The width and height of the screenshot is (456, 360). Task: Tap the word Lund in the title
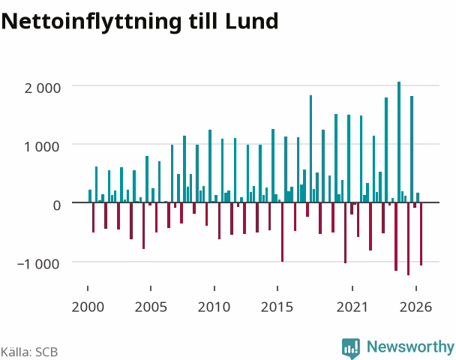click(x=251, y=21)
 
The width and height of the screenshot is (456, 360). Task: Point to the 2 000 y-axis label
click(x=43, y=88)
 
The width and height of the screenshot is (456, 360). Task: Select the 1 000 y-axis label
click(x=42, y=146)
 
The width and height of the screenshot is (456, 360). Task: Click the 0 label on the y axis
click(x=57, y=205)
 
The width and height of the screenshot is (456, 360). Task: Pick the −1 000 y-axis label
click(x=39, y=264)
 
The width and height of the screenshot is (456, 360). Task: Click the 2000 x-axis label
click(x=88, y=307)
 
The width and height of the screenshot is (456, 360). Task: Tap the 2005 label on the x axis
click(x=151, y=307)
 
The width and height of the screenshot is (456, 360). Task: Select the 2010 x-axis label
click(x=214, y=307)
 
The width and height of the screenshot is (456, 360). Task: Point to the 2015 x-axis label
click(x=277, y=307)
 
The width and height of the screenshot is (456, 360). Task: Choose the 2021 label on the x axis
click(x=352, y=307)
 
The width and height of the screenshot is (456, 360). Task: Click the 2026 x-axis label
click(x=415, y=307)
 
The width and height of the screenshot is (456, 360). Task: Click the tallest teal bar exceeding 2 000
click(x=399, y=142)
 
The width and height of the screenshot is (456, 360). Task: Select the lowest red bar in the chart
click(x=408, y=238)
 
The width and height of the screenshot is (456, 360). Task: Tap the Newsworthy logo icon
click(x=351, y=348)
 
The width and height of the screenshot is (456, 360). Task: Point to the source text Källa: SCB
click(x=29, y=352)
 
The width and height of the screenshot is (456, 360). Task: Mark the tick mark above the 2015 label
click(x=277, y=288)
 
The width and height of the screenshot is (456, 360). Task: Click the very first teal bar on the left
click(x=90, y=196)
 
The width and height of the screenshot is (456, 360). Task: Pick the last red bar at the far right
click(x=421, y=234)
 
